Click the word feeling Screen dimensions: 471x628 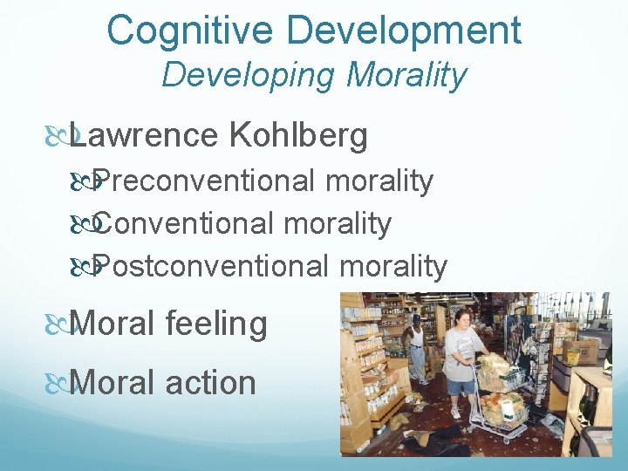[217, 324]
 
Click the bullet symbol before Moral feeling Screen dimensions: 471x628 [57, 324]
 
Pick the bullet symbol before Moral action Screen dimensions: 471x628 [57, 383]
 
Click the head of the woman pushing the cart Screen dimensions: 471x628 [460, 317]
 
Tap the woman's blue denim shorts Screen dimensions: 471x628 [460, 386]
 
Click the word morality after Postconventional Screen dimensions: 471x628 [395, 265]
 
